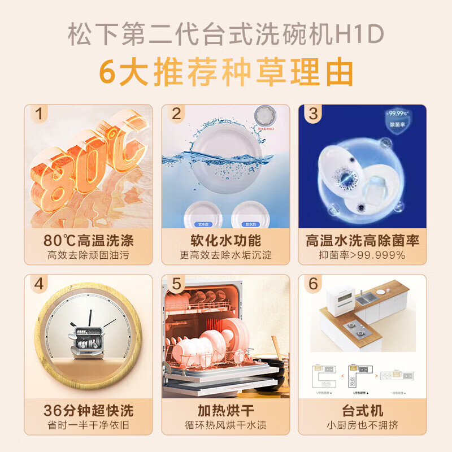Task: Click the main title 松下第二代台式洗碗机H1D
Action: coord(226,36)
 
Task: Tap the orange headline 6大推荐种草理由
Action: coord(226,72)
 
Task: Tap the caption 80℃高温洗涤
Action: coord(89,240)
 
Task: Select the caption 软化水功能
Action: coord(225,240)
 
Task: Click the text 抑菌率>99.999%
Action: coord(362,255)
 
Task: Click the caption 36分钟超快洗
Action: coord(89,410)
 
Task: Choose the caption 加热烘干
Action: coord(225,410)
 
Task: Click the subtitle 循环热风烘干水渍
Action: coord(225,425)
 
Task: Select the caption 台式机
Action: coord(362,410)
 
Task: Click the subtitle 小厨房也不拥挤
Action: coord(362,425)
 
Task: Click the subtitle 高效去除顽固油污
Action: coord(89,255)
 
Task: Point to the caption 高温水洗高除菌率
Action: coord(362,240)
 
